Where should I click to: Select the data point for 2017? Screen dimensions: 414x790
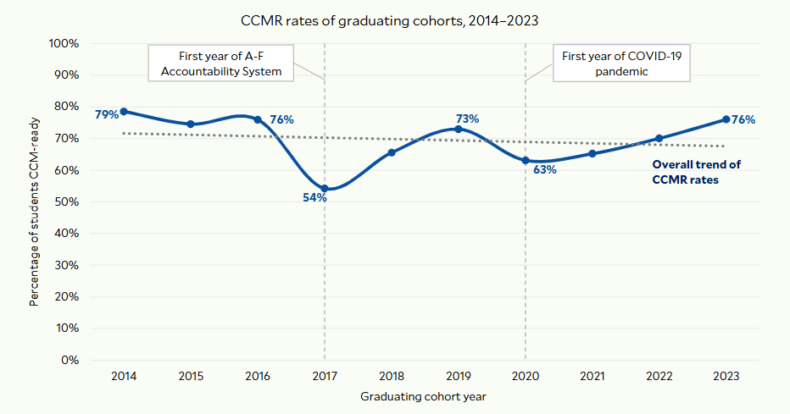click(x=325, y=188)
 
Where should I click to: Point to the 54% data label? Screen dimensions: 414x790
click(x=314, y=197)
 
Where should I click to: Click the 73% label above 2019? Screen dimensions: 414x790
click(x=467, y=119)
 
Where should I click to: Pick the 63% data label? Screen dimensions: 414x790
click(x=544, y=169)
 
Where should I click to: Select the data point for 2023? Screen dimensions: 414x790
click(x=726, y=119)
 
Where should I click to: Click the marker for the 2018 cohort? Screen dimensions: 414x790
click(x=392, y=152)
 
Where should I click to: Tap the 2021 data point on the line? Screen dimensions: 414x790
click(x=592, y=153)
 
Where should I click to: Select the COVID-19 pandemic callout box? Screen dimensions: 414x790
click(x=621, y=64)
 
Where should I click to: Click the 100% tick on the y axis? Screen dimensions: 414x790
click(x=64, y=43)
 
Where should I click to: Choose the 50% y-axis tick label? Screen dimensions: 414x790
click(x=67, y=201)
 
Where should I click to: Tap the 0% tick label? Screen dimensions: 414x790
click(x=70, y=360)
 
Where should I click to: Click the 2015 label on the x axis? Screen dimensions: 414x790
click(x=191, y=375)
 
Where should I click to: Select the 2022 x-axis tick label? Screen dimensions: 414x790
click(x=659, y=375)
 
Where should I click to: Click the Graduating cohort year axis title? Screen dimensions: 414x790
click(x=423, y=395)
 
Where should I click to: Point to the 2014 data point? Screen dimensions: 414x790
click(x=124, y=111)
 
